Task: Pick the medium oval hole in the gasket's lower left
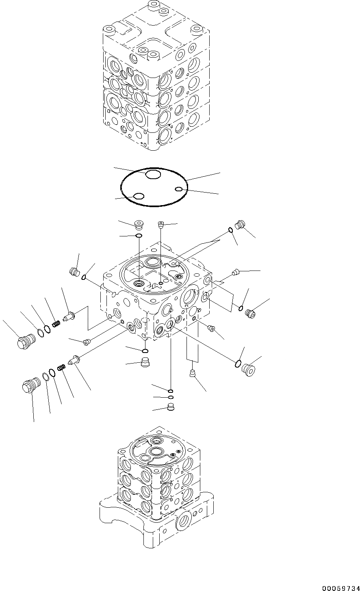point(139,196)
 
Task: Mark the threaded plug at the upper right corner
point(241,224)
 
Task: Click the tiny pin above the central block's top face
point(161,223)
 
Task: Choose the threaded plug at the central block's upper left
point(74,272)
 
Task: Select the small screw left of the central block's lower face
point(86,342)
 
